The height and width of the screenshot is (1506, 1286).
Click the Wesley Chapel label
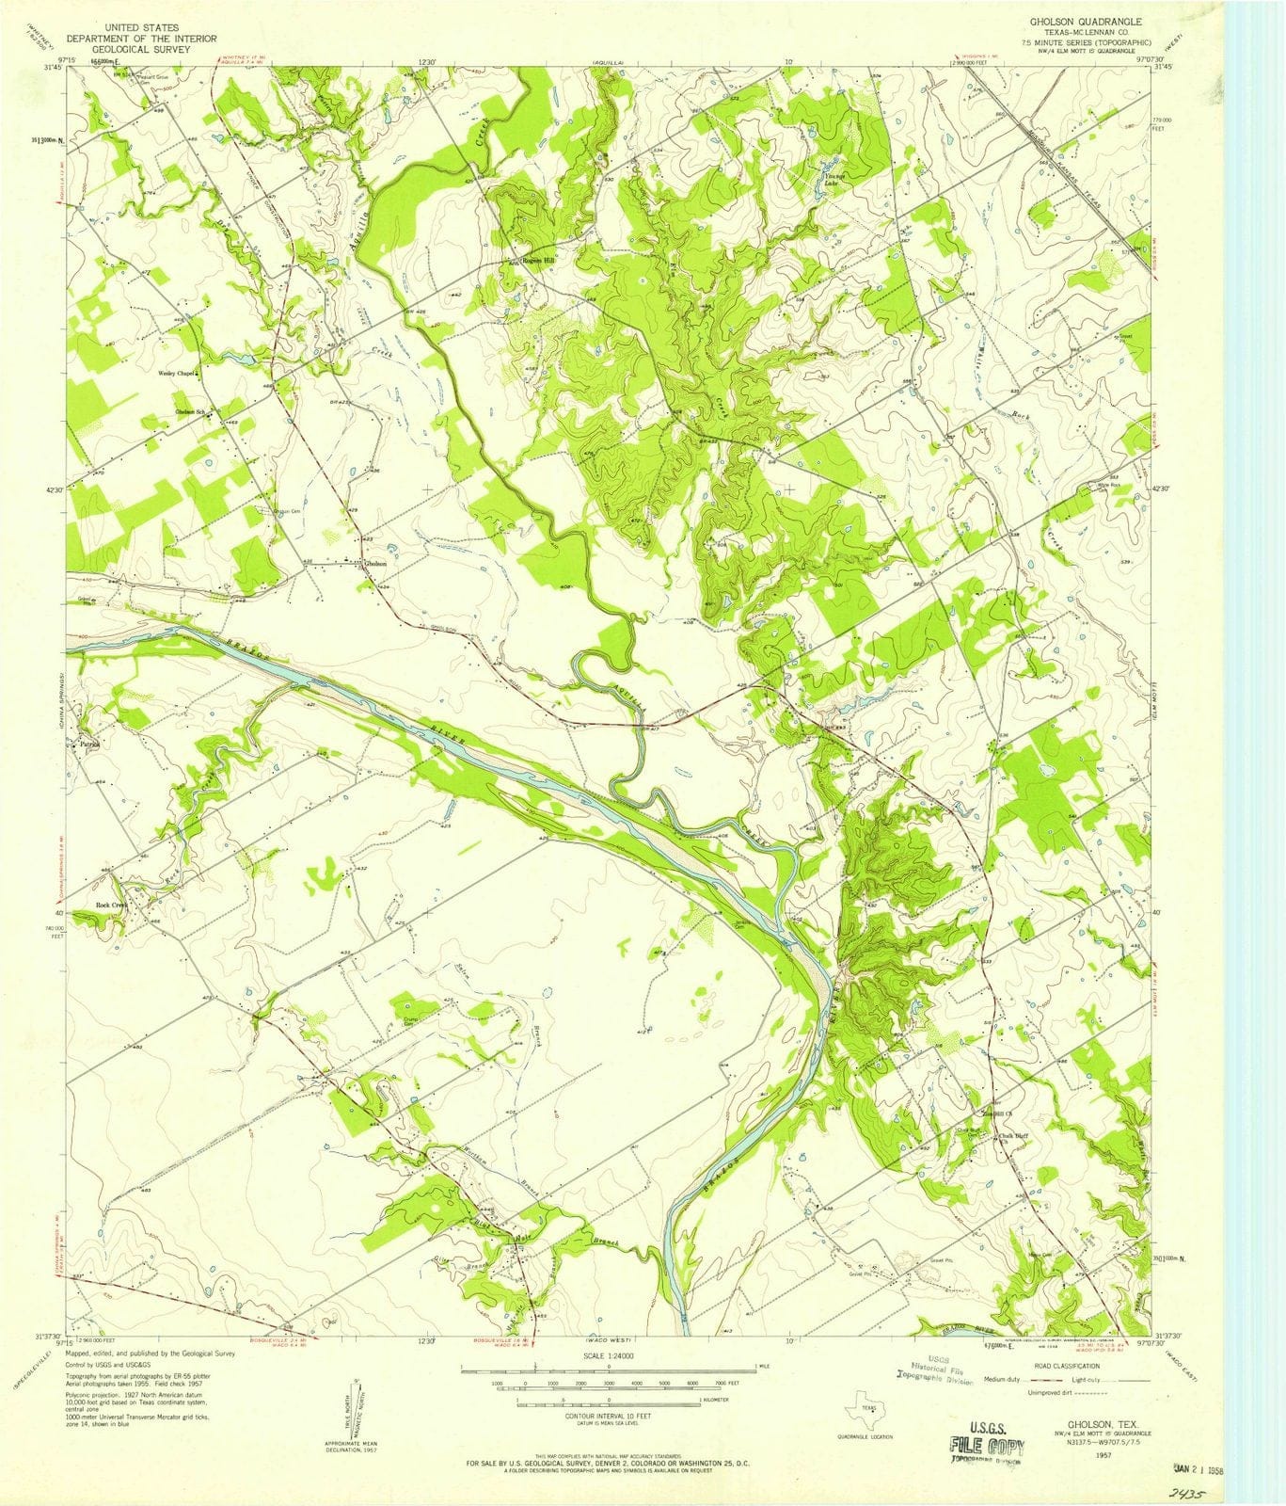click(175, 373)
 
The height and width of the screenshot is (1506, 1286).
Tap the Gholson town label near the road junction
click(375, 563)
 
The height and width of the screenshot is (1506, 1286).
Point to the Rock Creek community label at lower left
click(111, 905)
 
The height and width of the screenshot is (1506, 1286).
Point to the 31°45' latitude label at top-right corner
click(1164, 67)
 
